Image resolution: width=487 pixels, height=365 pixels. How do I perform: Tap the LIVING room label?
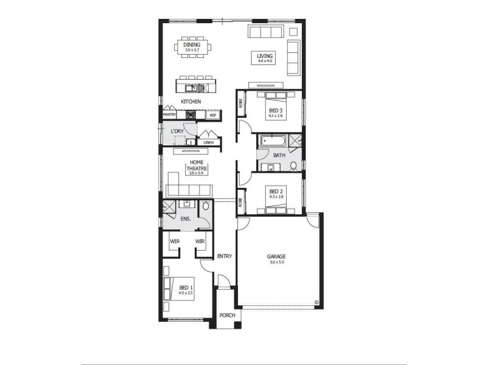click(266, 55)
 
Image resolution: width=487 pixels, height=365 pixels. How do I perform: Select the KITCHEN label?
click(191, 101)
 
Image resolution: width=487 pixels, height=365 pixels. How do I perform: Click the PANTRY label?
click(169, 114)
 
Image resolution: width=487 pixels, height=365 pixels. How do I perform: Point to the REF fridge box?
click(213, 114)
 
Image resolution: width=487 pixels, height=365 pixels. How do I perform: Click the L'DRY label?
click(177, 131)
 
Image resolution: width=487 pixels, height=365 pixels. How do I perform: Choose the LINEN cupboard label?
click(208, 143)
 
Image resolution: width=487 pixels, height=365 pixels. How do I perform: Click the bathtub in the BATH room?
click(272, 142)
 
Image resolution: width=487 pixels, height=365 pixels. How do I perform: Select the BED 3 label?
click(275, 111)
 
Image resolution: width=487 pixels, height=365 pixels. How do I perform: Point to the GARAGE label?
click(276, 257)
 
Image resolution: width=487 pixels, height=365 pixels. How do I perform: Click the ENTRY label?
click(224, 256)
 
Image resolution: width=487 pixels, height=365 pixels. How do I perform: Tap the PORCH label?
click(226, 315)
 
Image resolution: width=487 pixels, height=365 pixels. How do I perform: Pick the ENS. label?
click(186, 218)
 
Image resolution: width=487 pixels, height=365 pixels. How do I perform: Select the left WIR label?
click(175, 242)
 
